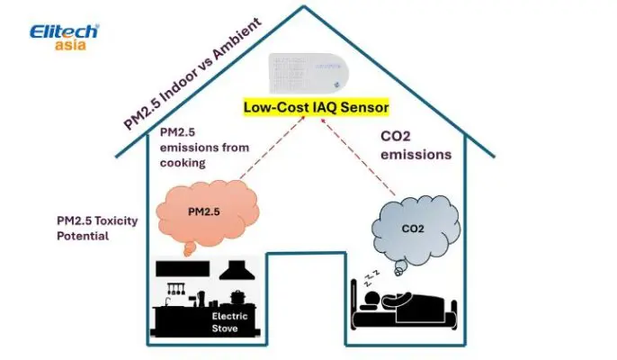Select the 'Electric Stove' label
click(x=229, y=321)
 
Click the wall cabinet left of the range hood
click(x=183, y=268)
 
